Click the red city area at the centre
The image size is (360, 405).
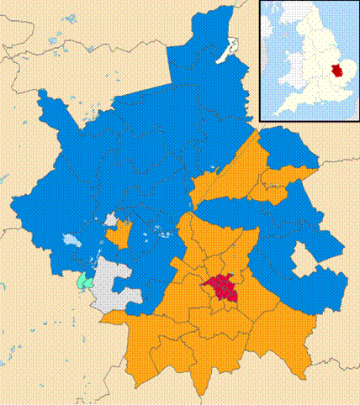click(x=221, y=290)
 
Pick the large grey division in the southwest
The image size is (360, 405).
click(x=114, y=287)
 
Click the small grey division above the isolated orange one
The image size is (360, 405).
click(x=110, y=219)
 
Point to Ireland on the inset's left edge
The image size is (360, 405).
click(x=266, y=50)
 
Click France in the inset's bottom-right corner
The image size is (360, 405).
click(x=350, y=113)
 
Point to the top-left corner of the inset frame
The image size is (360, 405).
click(x=260, y=2)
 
